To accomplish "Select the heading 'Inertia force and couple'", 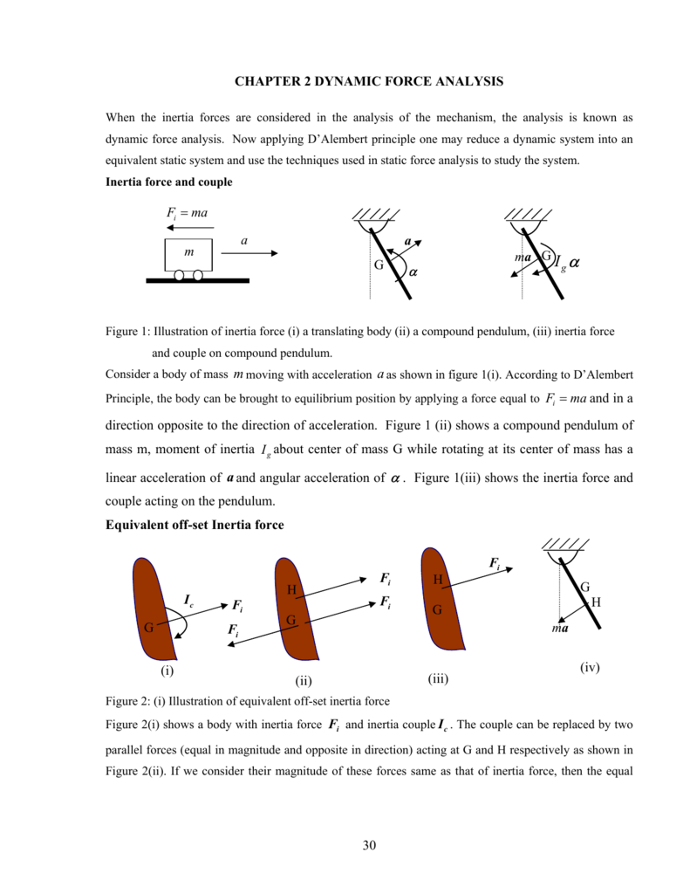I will pos(168,182).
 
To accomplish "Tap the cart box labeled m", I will pos(188,253).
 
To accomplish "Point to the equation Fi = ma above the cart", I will pos(186,213).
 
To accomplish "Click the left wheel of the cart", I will pos(180,275).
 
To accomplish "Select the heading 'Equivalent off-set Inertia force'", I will pos(195,525).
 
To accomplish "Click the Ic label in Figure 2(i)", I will pos(188,599).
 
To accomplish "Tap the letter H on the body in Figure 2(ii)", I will pos(291,591).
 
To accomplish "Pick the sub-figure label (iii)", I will pos(438,677).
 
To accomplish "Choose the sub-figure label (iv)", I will pos(591,668).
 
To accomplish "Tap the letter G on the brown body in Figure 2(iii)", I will pos(438,610).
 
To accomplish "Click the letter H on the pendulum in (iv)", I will pos(596,602).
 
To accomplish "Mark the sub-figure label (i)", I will pos(167,670).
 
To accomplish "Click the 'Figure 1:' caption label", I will pos(127,332).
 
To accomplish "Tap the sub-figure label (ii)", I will pos(304,680).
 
